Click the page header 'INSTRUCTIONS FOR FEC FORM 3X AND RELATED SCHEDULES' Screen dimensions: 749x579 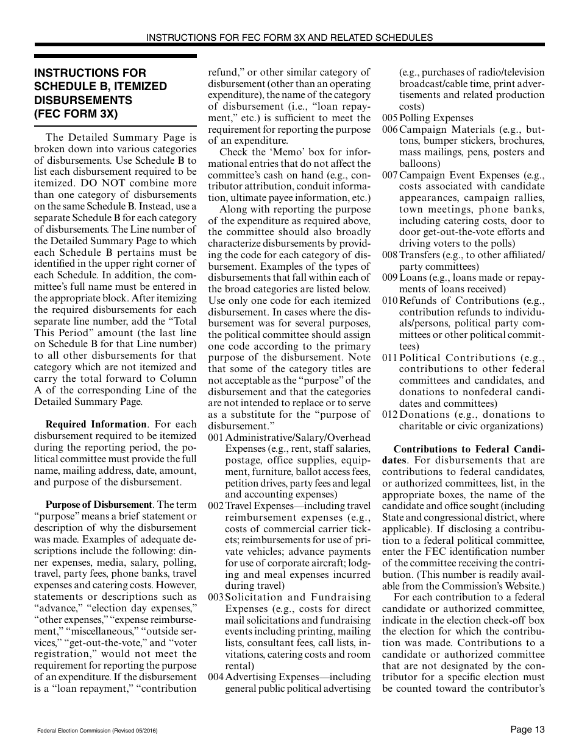[x=289, y=37]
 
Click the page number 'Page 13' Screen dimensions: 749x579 [x=527, y=730]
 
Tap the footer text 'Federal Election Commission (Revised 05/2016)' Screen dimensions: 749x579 [x=97, y=731]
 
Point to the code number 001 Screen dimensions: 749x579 [x=216, y=438]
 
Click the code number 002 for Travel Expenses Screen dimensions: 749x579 [x=216, y=506]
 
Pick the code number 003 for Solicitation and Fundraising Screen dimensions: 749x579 [x=216, y=597]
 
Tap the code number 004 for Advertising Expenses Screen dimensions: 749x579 [x=216, y=677]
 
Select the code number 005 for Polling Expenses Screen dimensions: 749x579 [x=390, y=118]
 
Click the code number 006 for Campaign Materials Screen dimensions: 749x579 [x=390, y=130]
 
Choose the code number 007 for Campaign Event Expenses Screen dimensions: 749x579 [x=390, y=175]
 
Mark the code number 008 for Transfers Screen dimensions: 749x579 [x=390, y=255]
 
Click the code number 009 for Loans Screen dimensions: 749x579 [x=390, y=278]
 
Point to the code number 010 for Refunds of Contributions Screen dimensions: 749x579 [x=390, y=301]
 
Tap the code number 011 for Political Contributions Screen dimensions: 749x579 [x=390, y=358]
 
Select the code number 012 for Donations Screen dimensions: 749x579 [x=390, y=415]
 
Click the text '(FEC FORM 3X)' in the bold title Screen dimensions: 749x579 [x=76, y=113]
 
